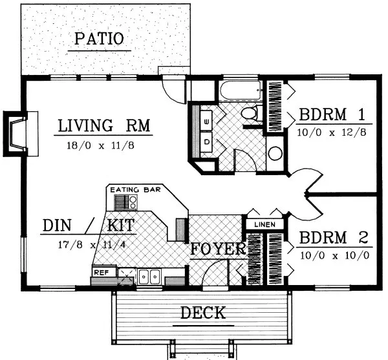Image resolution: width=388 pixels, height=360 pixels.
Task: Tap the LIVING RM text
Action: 103,125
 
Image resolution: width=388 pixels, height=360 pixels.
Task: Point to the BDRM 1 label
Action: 333,116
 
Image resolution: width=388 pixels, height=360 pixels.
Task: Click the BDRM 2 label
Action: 333,237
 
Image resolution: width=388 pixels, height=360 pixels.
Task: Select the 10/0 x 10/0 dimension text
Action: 334,254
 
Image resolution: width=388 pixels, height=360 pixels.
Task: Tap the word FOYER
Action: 217,249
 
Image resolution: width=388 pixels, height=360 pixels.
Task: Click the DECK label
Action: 202,313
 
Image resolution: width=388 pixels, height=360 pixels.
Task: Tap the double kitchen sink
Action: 151,277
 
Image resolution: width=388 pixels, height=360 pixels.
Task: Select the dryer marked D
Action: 206,140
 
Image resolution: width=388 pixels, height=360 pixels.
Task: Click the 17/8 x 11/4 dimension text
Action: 87,245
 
